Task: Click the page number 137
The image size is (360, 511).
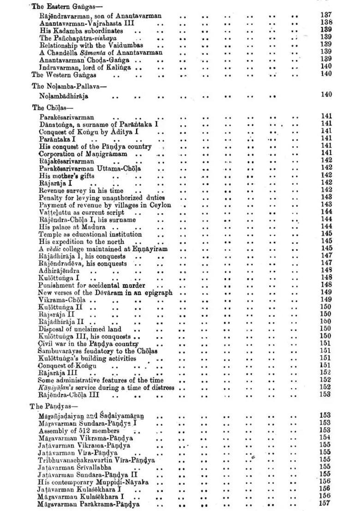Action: tap(326, 15)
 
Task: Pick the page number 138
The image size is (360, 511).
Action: tap(326, 22)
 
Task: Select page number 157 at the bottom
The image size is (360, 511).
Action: tap(325, 504)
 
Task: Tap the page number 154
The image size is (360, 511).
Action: tap(325, 437)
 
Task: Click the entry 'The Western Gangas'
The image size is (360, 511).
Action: tap(64, 75)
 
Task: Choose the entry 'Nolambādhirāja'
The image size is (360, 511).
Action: tap(64, 96)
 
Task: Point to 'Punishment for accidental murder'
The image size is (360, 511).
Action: tap(92, 285)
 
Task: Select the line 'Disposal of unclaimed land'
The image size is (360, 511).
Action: tap(80, 329)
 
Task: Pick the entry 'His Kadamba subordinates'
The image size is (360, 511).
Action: tap(78, 30)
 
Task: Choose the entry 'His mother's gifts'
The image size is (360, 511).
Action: tap(66, 176)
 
